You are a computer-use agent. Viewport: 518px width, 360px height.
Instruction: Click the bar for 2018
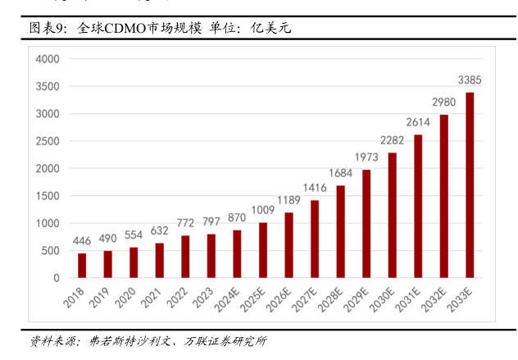coord(82,266)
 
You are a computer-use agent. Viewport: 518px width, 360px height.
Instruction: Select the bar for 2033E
coord(470,185)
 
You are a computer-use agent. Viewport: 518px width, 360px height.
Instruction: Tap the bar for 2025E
coord(263,250)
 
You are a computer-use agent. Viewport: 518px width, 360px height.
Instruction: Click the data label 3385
coord(470,80)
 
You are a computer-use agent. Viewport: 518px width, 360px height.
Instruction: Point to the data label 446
coord(82,240)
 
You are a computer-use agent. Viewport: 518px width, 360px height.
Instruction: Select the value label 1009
coord(263,210)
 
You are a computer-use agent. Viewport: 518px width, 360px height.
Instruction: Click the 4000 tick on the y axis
coord(48,59)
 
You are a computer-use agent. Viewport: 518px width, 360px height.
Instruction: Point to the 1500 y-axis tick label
coord(48,196)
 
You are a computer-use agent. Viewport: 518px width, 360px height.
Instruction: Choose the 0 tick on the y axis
coord(57,278)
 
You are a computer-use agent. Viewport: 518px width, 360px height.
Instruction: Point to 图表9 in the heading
coord(47,28)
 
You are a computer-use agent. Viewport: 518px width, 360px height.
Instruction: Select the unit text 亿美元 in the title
coord(272,28)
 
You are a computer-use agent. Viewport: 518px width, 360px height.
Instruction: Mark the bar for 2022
coord(185,257)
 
